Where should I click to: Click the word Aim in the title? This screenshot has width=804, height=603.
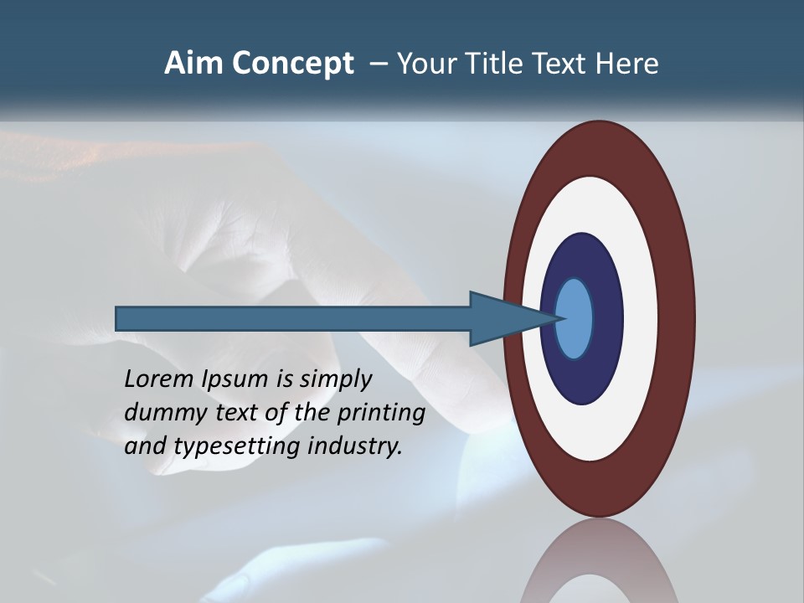click(195, 64)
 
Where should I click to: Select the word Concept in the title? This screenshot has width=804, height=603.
click(294, 64)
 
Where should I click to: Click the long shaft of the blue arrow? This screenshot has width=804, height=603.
click(293, 318)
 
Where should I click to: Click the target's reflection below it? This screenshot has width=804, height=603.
click(598, 561)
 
